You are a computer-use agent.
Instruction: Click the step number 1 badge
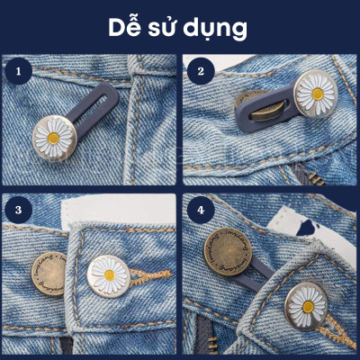(14, 67)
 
